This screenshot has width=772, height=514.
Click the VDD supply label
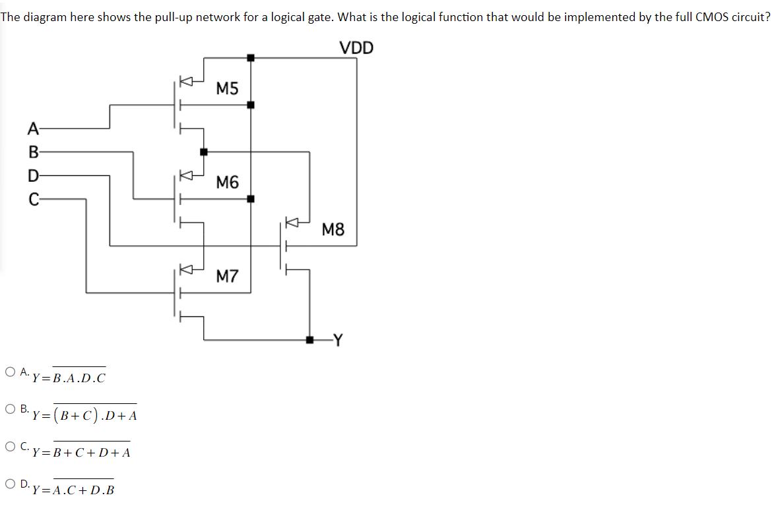[356, 47]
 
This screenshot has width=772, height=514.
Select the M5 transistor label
[228, 89]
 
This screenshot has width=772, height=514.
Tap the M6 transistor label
[228, 182]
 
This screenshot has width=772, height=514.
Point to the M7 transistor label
[228, 275]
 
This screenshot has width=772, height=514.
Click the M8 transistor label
[333, 229]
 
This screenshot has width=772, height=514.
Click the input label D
[33, 176]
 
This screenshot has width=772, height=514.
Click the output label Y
[338, 340]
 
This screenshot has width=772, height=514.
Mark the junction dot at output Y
[309, 340]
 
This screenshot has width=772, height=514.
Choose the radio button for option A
[10, 372]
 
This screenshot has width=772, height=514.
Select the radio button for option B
[10, 409]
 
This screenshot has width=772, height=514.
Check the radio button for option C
[10, 446]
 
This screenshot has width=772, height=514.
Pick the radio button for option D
[10, 484]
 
